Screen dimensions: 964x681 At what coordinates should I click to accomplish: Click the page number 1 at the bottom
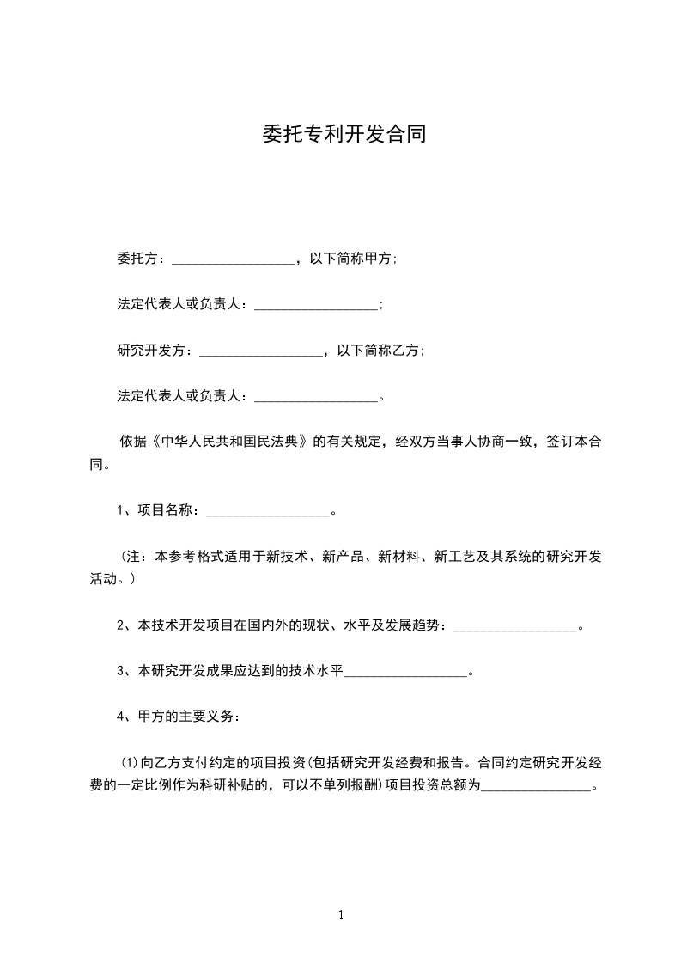coord(341,915)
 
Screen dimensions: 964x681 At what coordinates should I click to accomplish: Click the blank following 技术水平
coord(405,672)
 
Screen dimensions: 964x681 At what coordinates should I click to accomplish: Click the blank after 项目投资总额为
coord(536,784)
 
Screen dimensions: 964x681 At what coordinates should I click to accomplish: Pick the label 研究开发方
coord(151,351)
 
